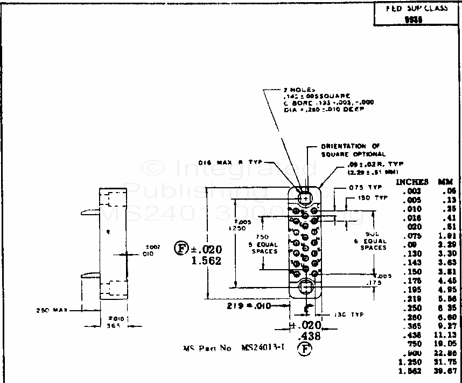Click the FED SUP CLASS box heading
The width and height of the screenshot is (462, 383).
(417, 9)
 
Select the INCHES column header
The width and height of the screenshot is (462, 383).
(412, 182)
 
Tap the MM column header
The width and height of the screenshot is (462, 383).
(446, 182)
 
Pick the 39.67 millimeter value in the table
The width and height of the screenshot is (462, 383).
(446, 372)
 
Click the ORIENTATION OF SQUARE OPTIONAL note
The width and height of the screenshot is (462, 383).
(352, 150)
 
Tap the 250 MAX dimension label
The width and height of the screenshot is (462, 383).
(50, 310)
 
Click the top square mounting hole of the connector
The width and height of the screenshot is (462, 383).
(306, 197)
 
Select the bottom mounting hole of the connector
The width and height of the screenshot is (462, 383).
(306, 286)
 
